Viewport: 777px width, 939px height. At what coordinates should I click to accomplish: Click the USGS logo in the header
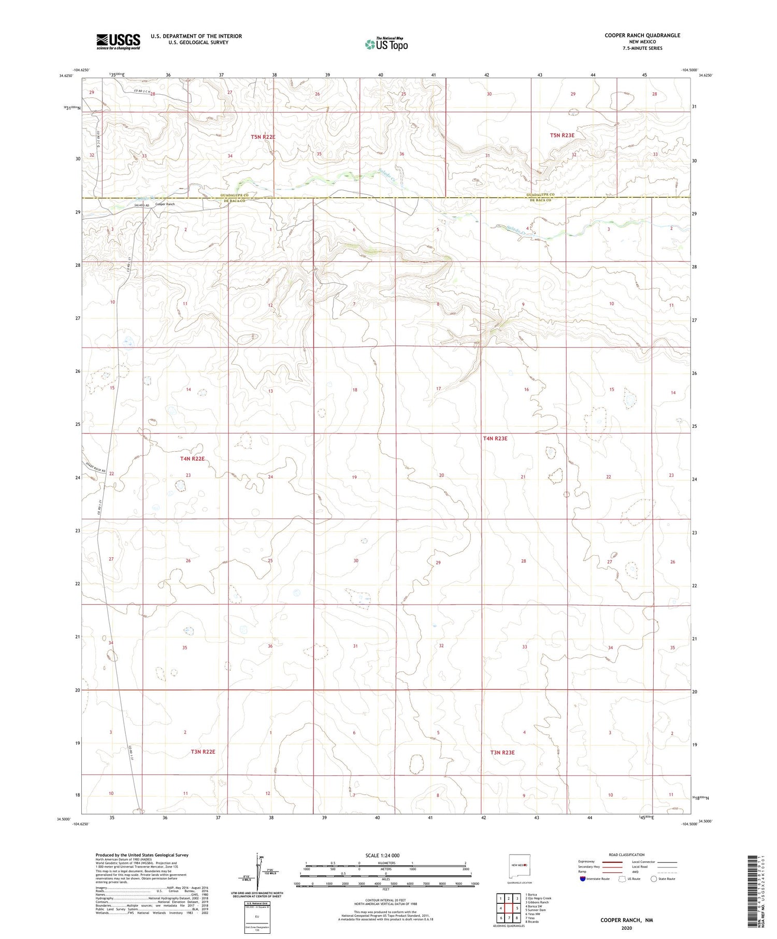[x=118, y=41]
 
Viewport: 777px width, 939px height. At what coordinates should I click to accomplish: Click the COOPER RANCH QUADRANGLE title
[x=642, y=35]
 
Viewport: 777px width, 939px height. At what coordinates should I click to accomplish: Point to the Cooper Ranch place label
[x=165, y=205]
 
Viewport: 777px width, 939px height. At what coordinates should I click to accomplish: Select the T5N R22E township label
[x=263, y=137]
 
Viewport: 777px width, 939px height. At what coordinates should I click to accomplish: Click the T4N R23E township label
[x=495, y=439]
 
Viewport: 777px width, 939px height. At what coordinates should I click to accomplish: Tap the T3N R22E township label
[x=203, y=752]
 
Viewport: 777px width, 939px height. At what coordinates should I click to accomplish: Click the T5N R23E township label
[x=562, y=135]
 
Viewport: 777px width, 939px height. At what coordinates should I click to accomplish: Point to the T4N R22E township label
[x=192, y=459]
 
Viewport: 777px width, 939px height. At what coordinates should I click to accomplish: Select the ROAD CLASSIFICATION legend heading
[x=626, y=855]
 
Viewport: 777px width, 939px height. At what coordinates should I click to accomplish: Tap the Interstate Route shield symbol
[x=583, y=879]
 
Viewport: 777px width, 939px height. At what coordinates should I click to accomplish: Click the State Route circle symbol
[x=654, y=879]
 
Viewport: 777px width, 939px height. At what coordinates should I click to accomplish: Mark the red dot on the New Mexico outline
[x=525, y=865]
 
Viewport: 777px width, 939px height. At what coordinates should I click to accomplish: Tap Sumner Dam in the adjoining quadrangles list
[x=536, y=910]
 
